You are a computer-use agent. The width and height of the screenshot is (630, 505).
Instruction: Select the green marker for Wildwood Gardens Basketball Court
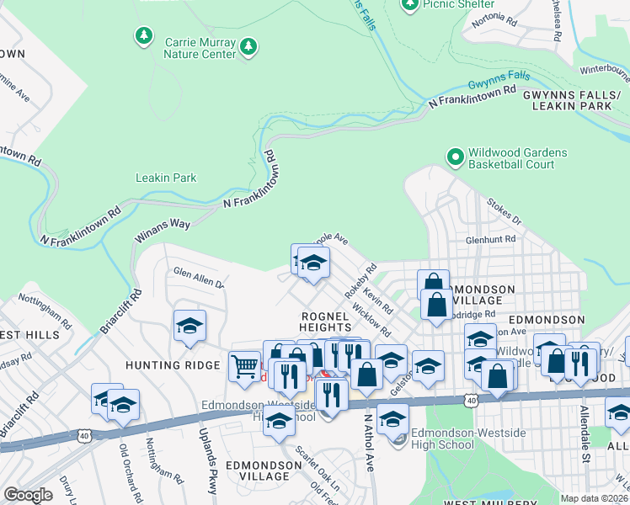tap(456, 157)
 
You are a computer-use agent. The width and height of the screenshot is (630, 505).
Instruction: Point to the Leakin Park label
tap(166, 178)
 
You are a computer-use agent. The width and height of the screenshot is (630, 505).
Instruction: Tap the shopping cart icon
tap(244, 368)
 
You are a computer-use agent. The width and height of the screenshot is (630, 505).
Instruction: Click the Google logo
tap(28, 494)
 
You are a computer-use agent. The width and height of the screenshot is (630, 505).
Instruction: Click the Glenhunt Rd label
tap(489, 240)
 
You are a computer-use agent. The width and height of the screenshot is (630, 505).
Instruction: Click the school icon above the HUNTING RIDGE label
tap(190, 327)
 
